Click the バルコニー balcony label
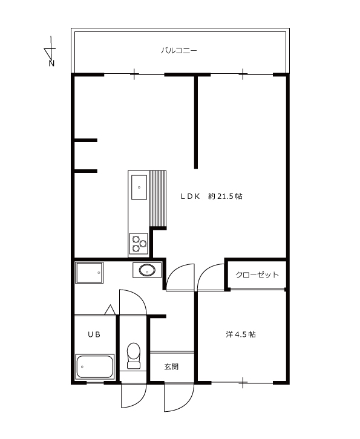[x=178, y=51]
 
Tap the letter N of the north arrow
[x=51, y=63]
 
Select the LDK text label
[x=190, y=197]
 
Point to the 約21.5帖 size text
[x=225, y=197]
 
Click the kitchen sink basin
[x=139, y=187]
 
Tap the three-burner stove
[x=139, y=244]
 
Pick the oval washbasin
[x=147, y=270]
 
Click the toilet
[x=134, y=356]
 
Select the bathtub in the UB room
[x=95, y=367]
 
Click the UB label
[x=94, y=334]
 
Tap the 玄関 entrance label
[x=171, y=366]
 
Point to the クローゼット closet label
[x=257, y=275]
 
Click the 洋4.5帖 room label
[x=241, y=334]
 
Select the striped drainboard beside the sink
[x=158, y=198]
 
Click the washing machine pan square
[x=89, y=273]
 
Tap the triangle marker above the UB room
[x=110, y=310]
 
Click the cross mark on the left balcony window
[x=134, y=74]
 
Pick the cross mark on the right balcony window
[x=243, y=74]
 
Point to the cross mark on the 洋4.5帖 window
[x=243, y=383]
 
